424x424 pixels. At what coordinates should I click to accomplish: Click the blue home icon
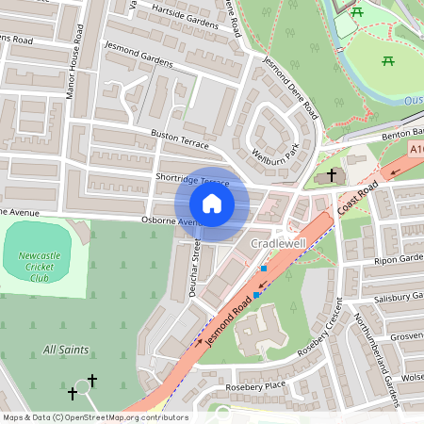211,203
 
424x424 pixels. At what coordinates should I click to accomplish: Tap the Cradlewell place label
281,244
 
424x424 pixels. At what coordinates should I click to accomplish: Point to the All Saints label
66,350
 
